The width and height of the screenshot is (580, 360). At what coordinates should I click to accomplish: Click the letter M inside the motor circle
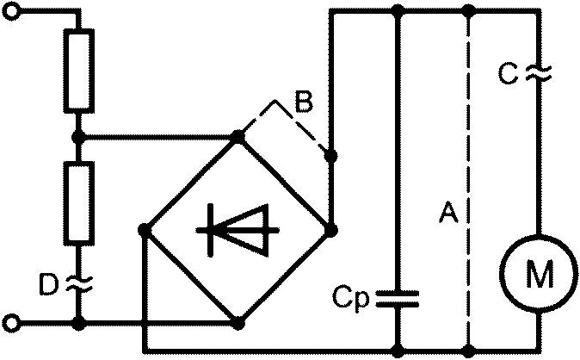point(540,274)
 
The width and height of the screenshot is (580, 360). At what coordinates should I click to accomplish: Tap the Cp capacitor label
point(350,297)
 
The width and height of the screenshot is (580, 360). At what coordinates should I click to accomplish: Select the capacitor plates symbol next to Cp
point(398,299)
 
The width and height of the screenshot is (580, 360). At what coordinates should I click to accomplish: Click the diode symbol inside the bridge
point(238,230)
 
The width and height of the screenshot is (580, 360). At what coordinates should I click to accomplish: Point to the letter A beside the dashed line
point(448,212)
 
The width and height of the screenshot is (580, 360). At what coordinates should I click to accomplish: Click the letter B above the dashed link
point(304,101)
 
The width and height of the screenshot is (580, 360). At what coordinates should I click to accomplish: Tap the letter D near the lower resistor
point(49,285)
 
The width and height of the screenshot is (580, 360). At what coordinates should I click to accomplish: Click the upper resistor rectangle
point(79,71)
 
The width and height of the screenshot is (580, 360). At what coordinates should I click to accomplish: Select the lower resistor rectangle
point(79,203)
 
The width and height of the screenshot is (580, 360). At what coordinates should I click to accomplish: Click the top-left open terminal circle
point(11,11)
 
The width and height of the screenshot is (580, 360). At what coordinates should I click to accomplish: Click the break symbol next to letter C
point(539,73)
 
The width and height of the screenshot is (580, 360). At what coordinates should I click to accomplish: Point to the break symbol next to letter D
point(79,284)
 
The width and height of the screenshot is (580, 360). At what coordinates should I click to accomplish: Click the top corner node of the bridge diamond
point(238,137)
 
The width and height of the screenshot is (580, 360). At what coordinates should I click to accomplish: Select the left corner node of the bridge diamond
point(145,230)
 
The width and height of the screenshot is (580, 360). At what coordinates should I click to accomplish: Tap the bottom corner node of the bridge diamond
point(238,324)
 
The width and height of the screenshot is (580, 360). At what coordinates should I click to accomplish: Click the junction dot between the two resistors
point(78,138)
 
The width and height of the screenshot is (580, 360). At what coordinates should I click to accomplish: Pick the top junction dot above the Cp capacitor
point(398,11)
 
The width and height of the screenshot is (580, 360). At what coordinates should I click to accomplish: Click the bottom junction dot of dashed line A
point(469,350)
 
